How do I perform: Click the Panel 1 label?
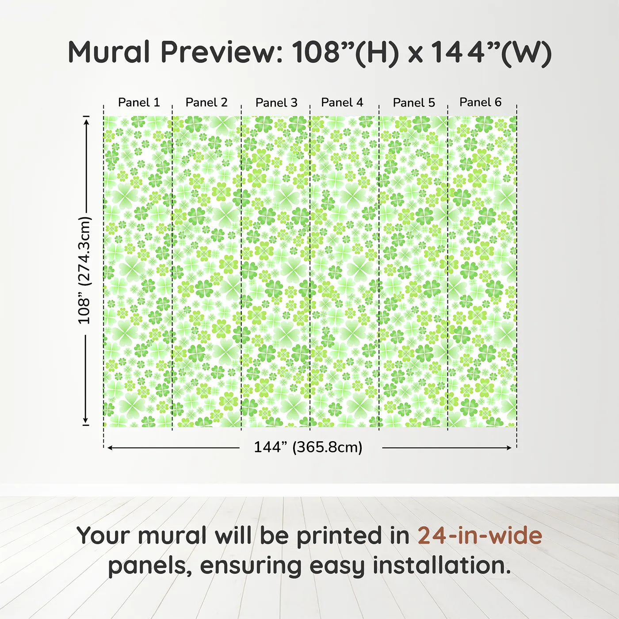139,103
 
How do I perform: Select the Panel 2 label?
206,103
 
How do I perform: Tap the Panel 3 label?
276,103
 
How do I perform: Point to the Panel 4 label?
342,103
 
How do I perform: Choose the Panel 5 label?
414,103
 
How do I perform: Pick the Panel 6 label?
481,103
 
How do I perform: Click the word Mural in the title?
109,52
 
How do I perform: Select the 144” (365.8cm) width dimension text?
308,447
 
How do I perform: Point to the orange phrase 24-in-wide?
480,535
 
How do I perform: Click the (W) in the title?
526,53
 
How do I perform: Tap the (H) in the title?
377,53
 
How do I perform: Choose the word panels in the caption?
150,566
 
